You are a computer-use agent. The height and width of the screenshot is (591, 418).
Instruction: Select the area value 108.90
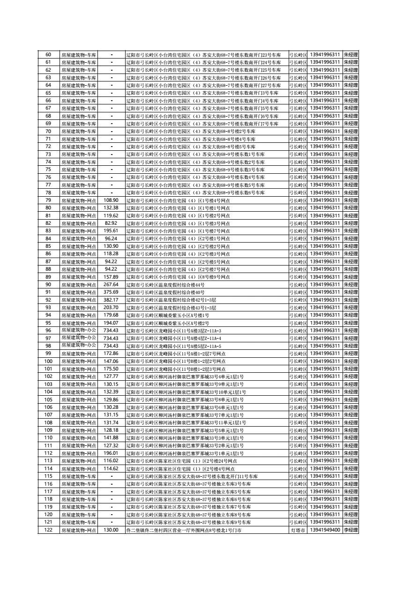click(111, 200)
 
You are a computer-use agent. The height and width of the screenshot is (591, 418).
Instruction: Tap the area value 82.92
click(111, 223)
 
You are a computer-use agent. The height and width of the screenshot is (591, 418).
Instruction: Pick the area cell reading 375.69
click(111, 292)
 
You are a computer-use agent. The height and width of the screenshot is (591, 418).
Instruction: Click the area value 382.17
click(111, 300)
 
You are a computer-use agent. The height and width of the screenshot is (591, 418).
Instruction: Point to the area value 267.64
click(111, 285)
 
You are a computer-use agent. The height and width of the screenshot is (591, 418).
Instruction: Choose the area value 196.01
click(111, 453)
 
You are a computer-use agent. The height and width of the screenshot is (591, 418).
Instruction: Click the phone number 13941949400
click(325, 530)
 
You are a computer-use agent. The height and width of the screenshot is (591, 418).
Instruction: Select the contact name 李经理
click(351, 530)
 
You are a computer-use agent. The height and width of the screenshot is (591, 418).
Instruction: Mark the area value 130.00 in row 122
click(111, 530)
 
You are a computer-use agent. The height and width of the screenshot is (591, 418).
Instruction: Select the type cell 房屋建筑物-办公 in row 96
click(78, 331)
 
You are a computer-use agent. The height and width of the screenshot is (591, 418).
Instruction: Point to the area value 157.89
click(111, 277)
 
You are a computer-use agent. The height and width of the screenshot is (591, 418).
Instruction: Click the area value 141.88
click(111, 438)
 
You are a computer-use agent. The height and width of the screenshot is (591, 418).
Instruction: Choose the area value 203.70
click(111, 308)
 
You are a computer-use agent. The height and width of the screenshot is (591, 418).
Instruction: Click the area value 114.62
click(111, 468)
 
